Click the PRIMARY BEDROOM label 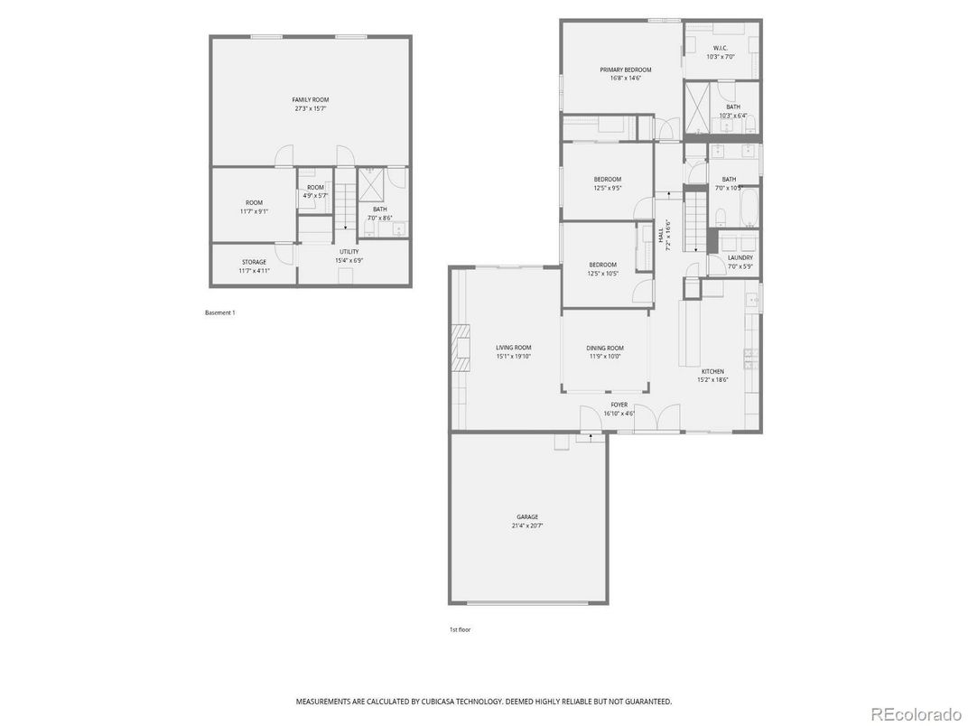coord(625,70)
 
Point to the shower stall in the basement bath coord(370,187)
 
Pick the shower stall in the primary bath coord(700,107)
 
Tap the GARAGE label coord(527,517)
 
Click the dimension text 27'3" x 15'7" coord(310,108)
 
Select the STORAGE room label coord(254,262)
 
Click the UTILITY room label coord(349,251)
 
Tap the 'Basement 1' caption coord(219,312)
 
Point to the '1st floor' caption coord(460,629)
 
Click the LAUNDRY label coord(740,257)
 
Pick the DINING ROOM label coord(604,348)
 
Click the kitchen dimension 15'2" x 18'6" coord(712,380)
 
